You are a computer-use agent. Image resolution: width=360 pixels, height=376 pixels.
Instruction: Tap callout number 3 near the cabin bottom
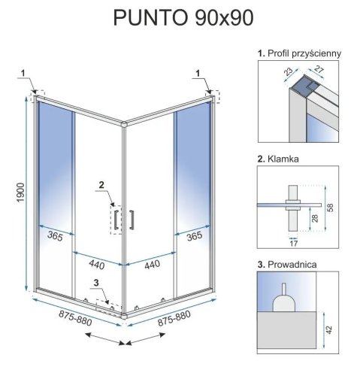pyautogui.click(x=95, y=283)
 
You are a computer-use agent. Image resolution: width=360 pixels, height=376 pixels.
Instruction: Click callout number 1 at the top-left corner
pyautogui.click(x=23, y=73)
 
